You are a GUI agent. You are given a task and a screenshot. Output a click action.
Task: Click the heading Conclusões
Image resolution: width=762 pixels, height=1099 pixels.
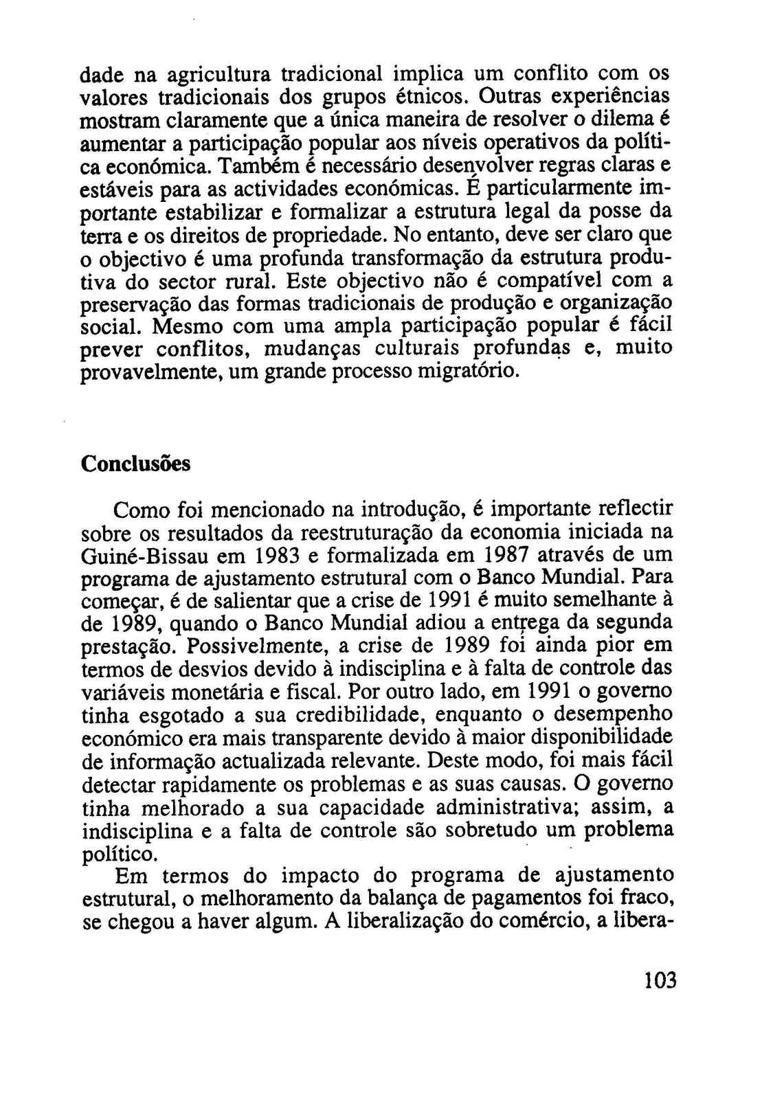135,464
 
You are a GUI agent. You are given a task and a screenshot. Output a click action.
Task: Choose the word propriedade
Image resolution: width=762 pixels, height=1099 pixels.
333,235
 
